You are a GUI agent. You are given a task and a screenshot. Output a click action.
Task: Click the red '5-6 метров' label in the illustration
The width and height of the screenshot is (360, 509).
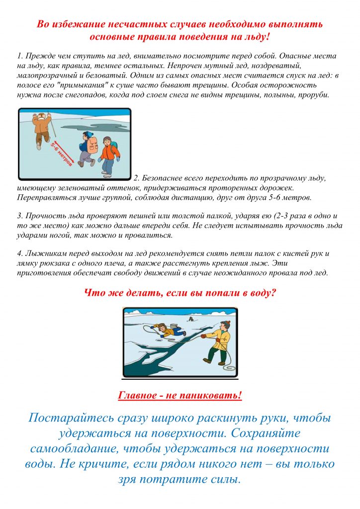coord(61,154)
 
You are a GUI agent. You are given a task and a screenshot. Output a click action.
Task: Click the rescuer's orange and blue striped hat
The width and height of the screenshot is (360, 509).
coord(225,325)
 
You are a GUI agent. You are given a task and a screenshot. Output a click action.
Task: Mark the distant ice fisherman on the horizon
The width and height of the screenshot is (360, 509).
coord(190,319)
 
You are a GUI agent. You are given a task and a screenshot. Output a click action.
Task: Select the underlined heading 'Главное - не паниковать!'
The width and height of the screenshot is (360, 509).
coord(180,396)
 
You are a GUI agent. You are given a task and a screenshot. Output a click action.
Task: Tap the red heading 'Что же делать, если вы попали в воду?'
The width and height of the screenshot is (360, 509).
coord(180,293)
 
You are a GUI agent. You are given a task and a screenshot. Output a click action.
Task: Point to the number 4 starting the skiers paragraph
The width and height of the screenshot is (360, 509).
coord(19,254)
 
